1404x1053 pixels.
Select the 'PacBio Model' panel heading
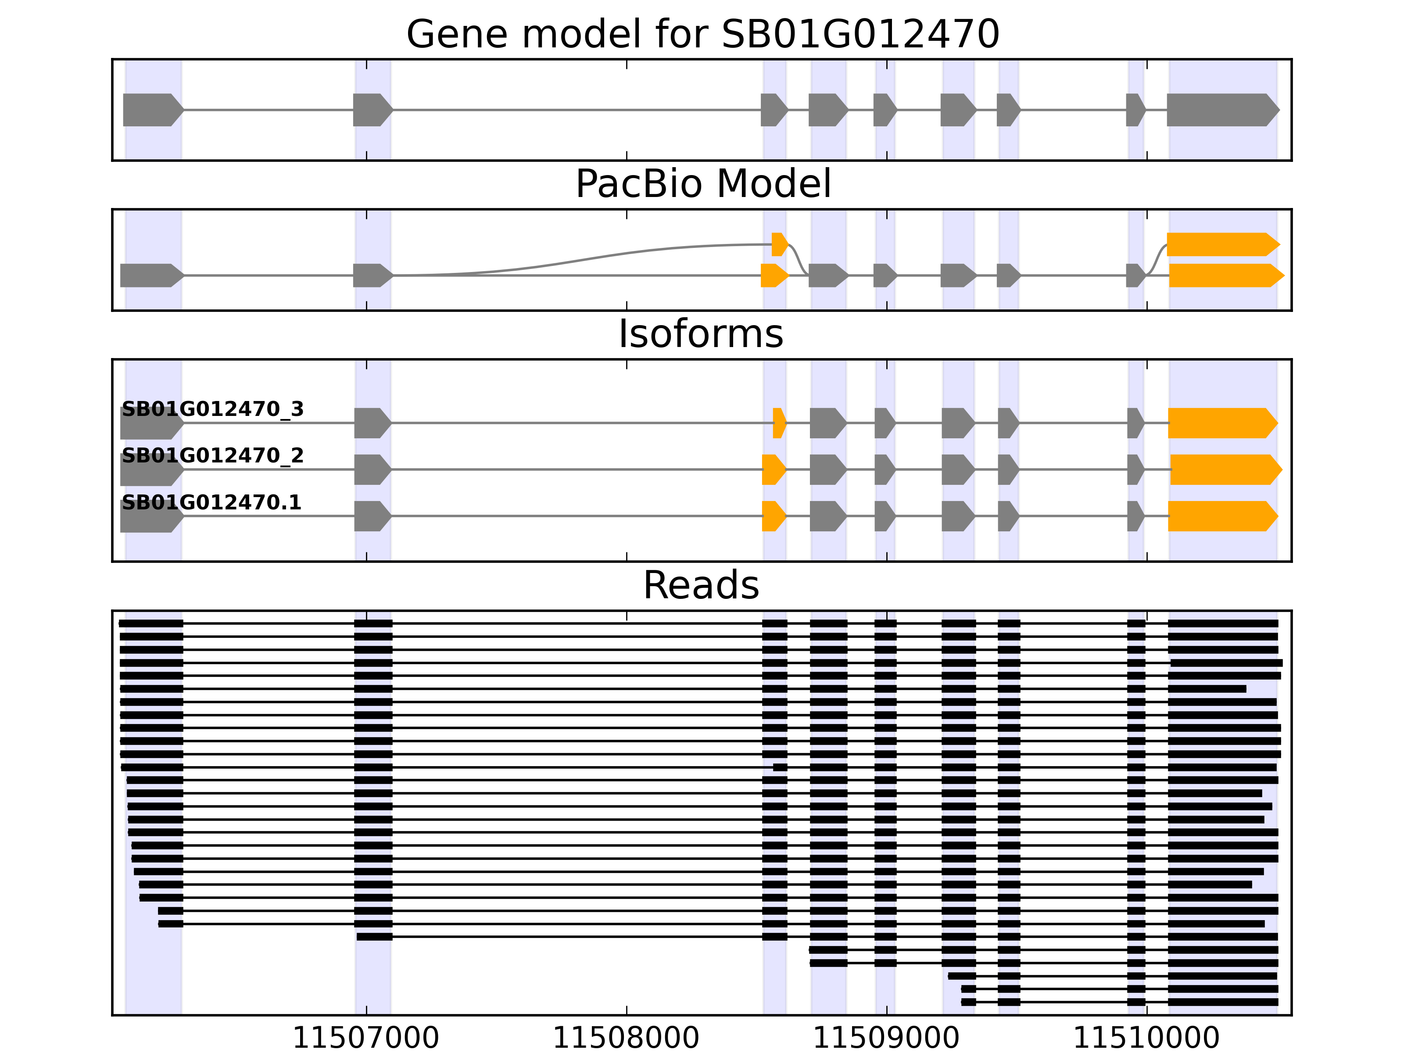click(702, 184)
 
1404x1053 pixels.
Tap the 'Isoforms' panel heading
click(701, 334)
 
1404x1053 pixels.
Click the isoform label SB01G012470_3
click(213, 409)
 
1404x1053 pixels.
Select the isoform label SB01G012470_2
click(213, 456)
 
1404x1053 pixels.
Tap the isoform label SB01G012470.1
click(211, 503)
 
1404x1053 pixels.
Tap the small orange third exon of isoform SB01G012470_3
click(779, 423)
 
